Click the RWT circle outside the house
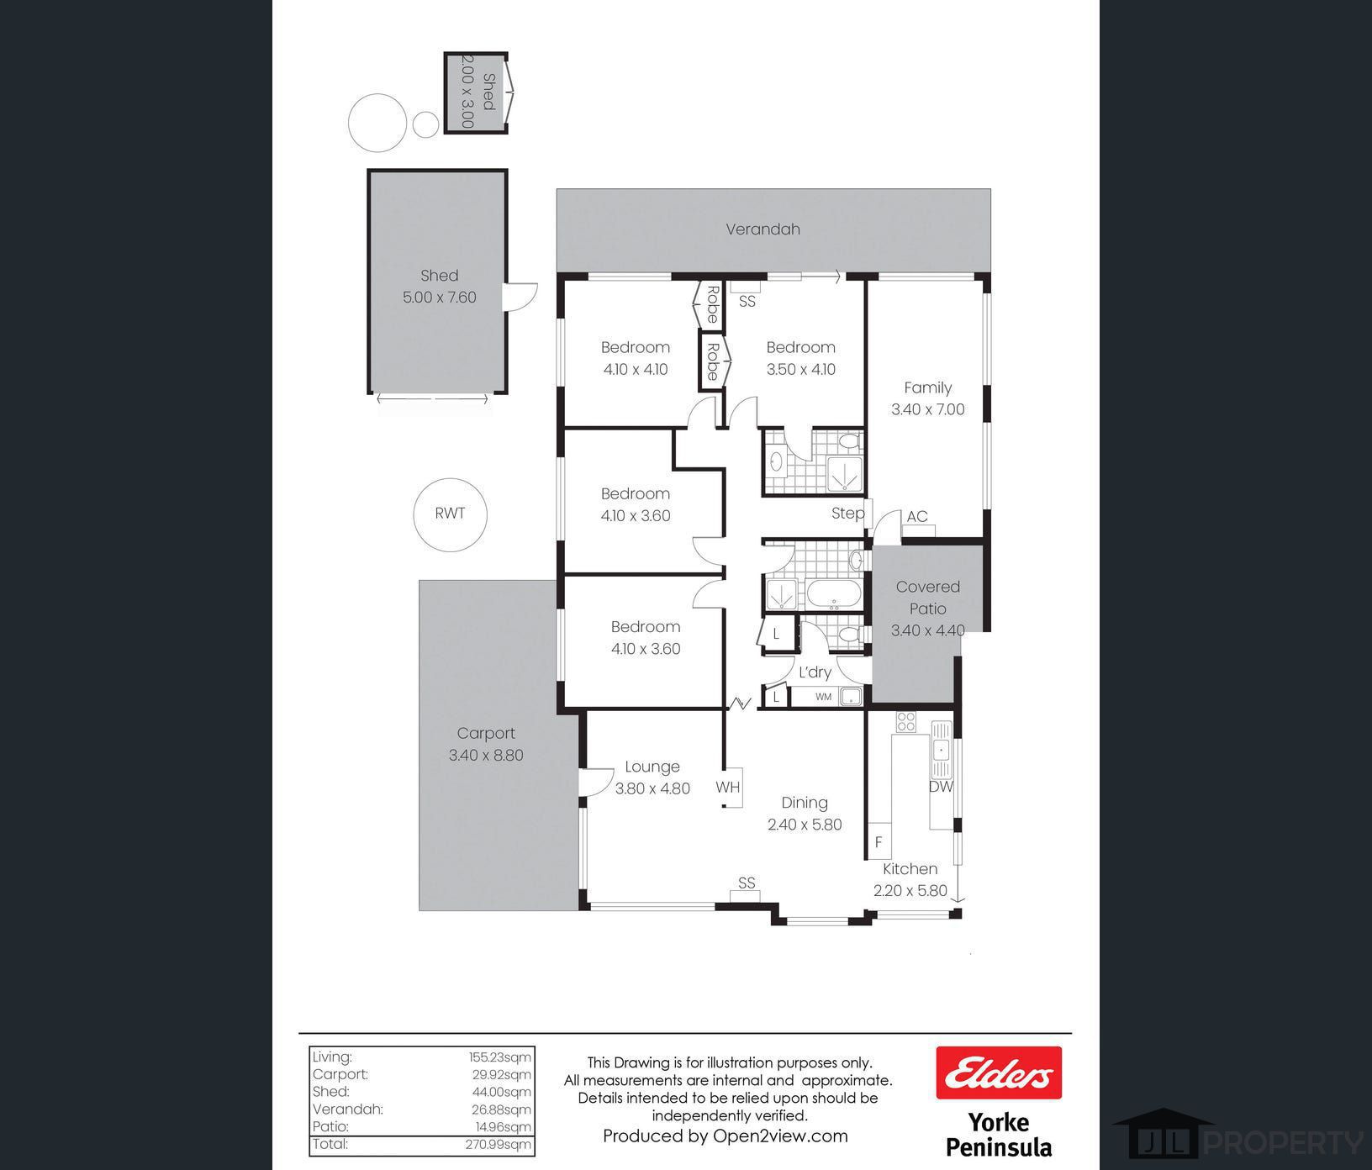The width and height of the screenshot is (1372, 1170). [x=414, y=514]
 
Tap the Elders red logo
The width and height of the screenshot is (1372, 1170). [x=999, y=1072]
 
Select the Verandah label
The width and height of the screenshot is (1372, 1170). [x=763, y=229]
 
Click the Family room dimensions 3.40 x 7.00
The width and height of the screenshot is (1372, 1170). [x=927, y=409]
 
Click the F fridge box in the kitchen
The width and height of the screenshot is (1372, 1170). [x=879, y=841]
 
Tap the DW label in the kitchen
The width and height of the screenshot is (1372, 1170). [x=941, y=787]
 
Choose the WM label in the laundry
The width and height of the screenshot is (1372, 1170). [x=823, y=697]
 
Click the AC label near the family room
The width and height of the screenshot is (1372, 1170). [x=917, y=516]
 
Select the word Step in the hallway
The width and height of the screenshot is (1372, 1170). [x=847, y=513]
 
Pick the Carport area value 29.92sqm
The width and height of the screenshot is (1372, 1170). [x=501, y=1074]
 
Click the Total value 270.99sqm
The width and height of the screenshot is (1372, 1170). [x=499, y=1144]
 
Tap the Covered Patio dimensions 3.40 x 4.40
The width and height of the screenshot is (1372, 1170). [x=927, y=630]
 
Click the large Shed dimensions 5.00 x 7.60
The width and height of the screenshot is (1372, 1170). [x=439, y=297]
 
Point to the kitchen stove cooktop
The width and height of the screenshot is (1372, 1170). [x=905, y=722]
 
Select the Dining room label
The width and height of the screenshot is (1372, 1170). [x=805, y=803]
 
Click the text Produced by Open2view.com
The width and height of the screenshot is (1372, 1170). [x=726, y=1136]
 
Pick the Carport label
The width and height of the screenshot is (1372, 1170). [x=486, y=733]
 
